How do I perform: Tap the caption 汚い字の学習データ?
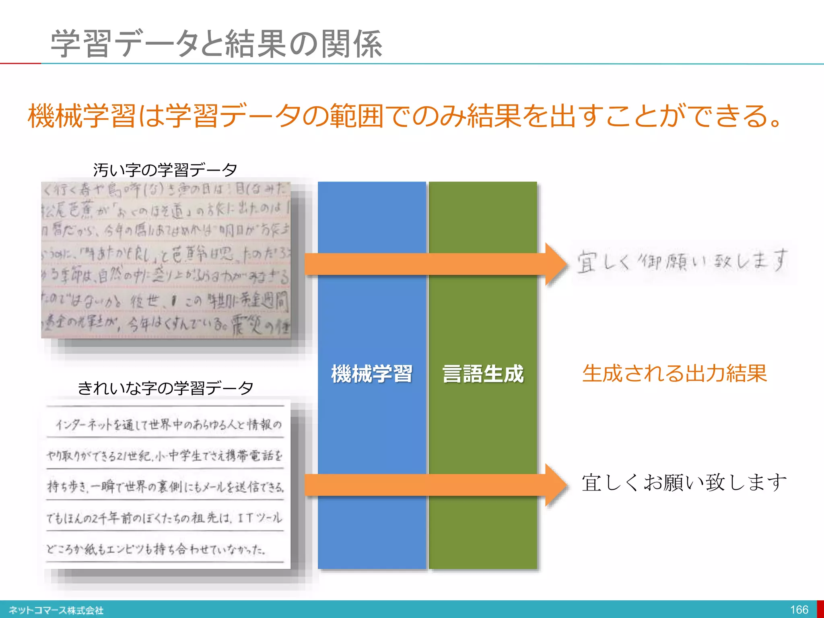point(165,170)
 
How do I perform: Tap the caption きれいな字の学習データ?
point(165,388)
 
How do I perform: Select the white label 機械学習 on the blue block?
point(372,373)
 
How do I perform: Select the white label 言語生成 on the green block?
point(483,373)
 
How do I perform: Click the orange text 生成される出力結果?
point(674,373)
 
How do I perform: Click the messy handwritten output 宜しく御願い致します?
point(682,262)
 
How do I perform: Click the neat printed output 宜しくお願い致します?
point(684,482)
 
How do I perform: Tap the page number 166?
point(799,610)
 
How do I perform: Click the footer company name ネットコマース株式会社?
point(56,610)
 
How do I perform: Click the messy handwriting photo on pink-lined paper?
point(166,260)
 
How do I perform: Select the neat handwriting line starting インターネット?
point(168,425)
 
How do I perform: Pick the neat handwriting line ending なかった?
point(156,549)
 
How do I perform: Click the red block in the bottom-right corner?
point(820,609)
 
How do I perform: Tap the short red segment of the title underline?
point(20,63)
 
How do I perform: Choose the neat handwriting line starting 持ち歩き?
point(165,487)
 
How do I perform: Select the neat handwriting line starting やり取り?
point(165,456)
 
